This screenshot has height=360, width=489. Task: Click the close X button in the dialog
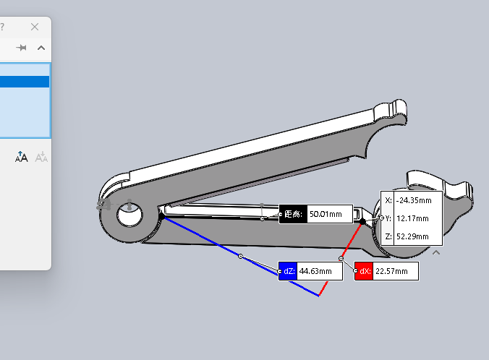click(35, 27)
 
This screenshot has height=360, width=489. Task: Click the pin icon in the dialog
click(21, 48)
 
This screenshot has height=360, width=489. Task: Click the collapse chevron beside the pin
click(41, 48)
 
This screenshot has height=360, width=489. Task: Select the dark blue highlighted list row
click(25, 82)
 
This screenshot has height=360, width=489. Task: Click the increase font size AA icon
click(21, 157)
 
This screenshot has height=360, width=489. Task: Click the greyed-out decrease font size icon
click(41, 157)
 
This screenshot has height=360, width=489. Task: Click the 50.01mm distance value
click(326, 214)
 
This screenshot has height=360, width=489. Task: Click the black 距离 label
click(293, 214)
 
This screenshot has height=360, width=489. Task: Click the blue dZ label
click(288, 271)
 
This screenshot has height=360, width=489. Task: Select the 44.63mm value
click(315, 271)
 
